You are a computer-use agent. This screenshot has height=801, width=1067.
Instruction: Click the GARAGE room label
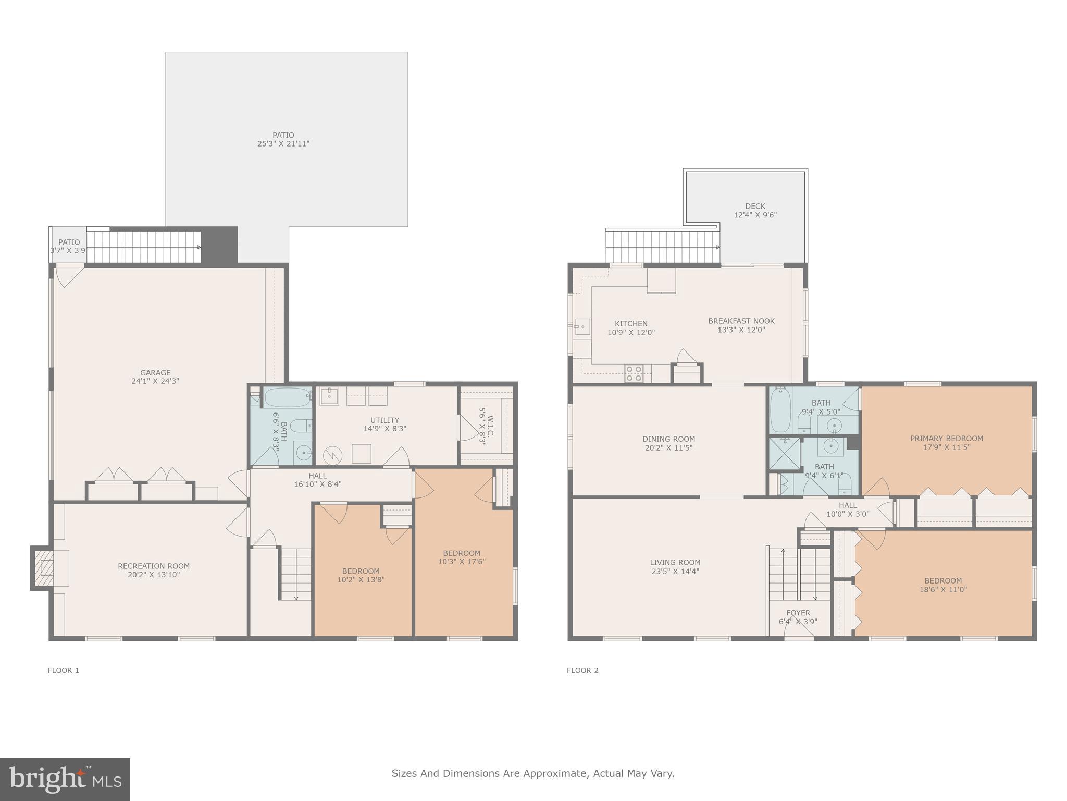click(155, 373)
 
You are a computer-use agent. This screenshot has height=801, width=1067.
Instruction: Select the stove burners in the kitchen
click(634, 373)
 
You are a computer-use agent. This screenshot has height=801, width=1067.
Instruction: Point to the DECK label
click(755, 207)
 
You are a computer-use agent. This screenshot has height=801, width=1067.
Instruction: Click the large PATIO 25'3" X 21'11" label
click(283, 139)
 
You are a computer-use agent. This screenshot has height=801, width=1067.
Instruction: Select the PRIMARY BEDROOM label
click(947, 439)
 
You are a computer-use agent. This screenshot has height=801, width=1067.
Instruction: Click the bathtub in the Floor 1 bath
click(287, 397)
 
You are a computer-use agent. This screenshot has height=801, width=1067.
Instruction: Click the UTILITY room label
click(384, 420)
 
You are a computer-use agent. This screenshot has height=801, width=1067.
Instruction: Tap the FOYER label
click(798, 613)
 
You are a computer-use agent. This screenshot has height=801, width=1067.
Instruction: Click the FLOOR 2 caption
click(582, 670)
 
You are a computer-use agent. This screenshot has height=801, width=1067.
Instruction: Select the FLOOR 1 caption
click(64, 670)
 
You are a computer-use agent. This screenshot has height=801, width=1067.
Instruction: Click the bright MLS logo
click(65, 779)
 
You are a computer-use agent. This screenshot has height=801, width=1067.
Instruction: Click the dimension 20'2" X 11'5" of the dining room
click(668, 448)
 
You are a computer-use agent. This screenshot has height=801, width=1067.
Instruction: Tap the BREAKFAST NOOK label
click(741, 321)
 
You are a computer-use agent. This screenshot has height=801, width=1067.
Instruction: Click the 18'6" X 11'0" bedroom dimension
click(943, 590)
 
